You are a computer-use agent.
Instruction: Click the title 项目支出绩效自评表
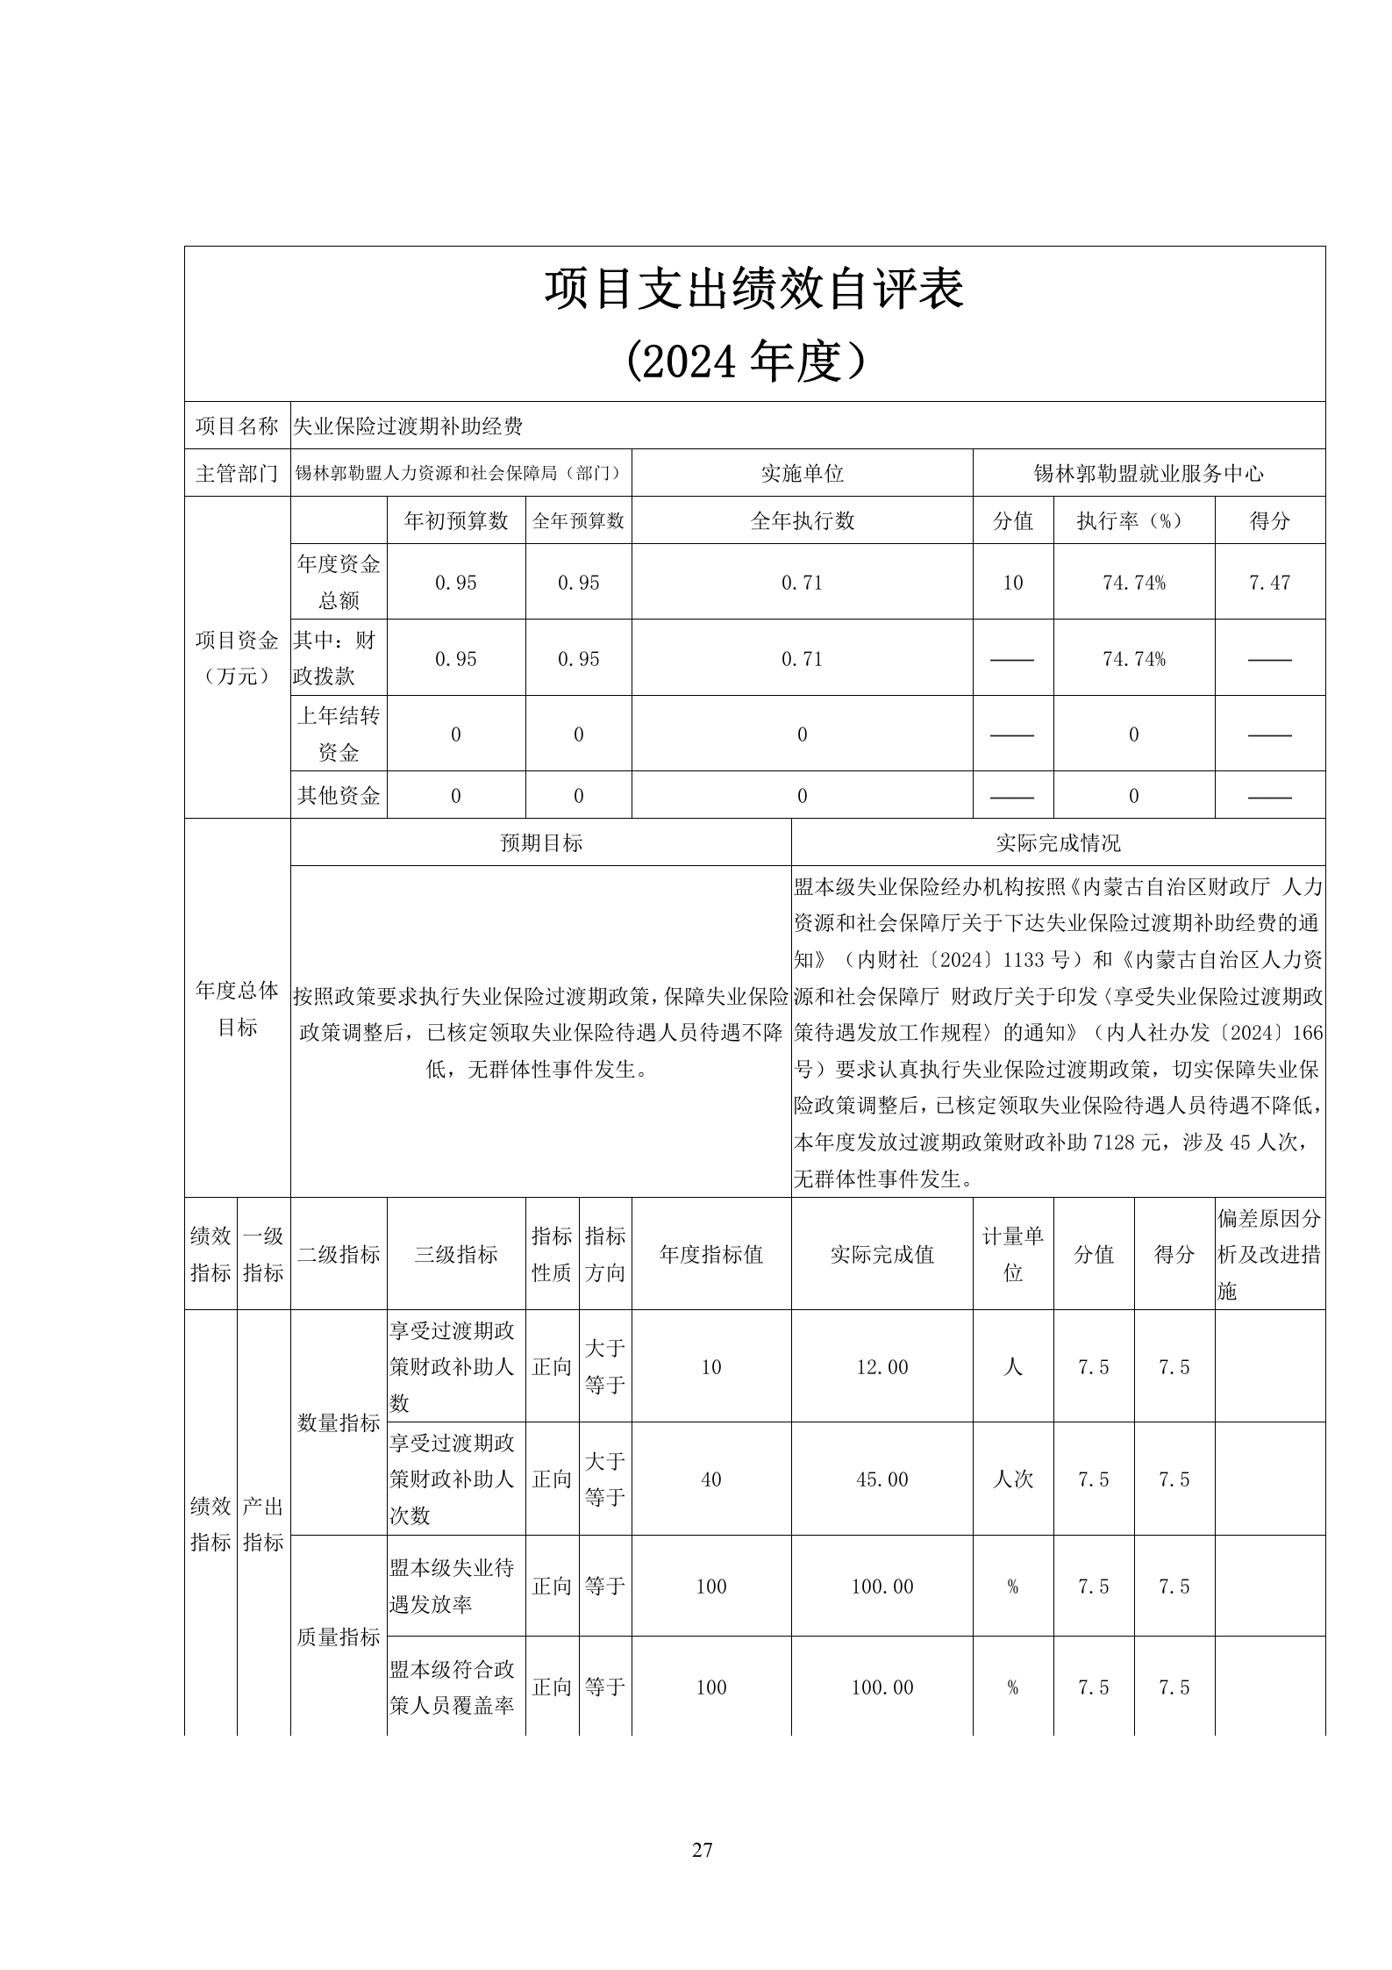[753, 289]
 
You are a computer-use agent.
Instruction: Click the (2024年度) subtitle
[753, 361]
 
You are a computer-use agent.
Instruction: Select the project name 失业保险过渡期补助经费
[408, 426]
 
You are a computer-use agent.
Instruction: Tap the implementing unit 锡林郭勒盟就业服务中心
[1148, 474]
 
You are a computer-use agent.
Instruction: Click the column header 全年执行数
[802, 521]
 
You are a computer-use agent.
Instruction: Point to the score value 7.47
[1269, 583]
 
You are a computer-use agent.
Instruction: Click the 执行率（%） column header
[1133, 521]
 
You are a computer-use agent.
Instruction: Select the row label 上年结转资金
[339, 734]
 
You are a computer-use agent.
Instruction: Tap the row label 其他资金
[339, 796]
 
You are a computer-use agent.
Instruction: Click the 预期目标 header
[540, 843]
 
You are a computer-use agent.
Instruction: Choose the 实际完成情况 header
[1058, 843]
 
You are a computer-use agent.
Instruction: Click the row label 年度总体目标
[237, 1008]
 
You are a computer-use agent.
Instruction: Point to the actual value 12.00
[882, 1367]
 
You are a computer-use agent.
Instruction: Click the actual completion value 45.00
[882, 1479]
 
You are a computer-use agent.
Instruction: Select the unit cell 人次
[1012, 1479]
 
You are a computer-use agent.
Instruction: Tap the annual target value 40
[710, 1479]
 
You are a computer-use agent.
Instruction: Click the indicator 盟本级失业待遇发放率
[452, 1586]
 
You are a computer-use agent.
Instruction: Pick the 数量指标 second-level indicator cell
[339, 1423]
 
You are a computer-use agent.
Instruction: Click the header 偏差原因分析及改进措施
[1269, 1255]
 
